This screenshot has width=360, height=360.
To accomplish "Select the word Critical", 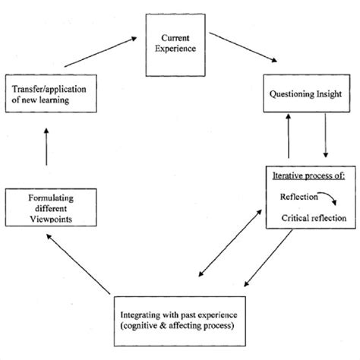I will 297,218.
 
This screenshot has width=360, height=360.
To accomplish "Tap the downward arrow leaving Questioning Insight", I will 324,141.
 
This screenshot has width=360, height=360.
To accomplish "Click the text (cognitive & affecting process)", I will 180,325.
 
